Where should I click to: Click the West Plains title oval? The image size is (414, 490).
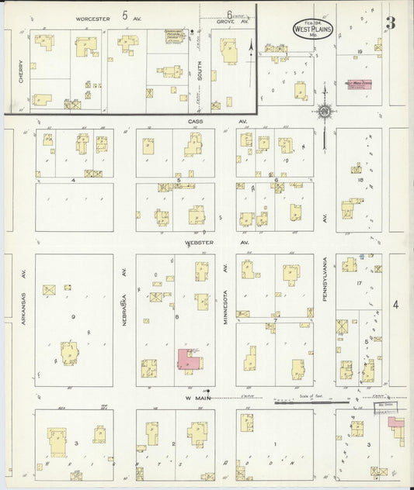(308, 28)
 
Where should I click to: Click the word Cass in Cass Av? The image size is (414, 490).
(194, 122)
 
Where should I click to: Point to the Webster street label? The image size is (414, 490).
(199, 242)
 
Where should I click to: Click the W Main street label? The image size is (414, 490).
(199, 398)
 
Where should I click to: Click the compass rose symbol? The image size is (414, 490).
(324, 112)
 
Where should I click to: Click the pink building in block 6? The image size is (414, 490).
(187, 358)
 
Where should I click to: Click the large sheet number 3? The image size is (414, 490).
(391, 22)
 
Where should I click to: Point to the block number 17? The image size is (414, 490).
(360, 283)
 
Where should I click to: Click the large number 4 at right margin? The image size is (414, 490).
(395, 304)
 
